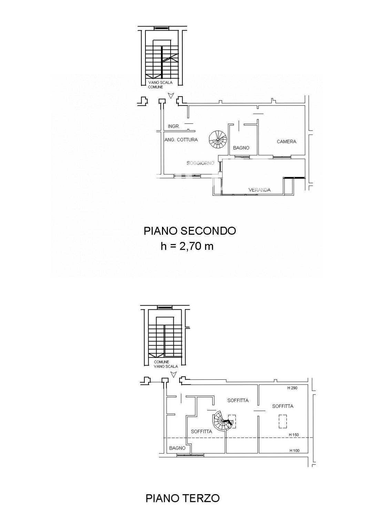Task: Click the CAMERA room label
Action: [x=286, y=142]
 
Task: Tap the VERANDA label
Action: [x=260, y=190]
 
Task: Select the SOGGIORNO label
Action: [x=200, y=163]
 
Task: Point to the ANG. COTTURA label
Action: [x=181, y=140]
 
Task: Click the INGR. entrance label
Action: [x=174, y=126]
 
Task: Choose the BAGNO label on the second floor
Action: [x=241, y=148]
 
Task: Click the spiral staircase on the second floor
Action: [x=218, y=139]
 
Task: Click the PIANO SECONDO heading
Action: [x=190, y=231]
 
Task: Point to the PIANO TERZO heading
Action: [x=182, y=498]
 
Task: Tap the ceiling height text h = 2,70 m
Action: [x=187, y=246]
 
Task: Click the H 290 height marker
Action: [x=292, y=388]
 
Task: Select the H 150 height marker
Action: [x=294, y=435]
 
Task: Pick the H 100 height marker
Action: [x=294, y=451]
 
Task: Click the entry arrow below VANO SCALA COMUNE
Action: [x=170, y=95]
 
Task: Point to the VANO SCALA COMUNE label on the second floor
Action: [x=160, y=85]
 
